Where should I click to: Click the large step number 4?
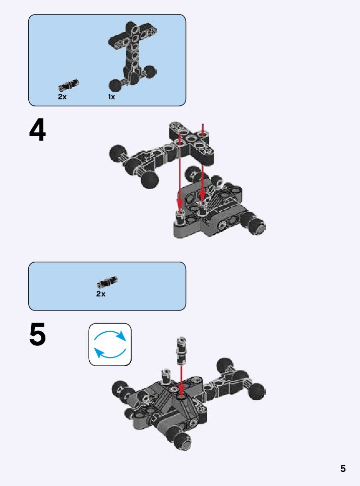point(37,131)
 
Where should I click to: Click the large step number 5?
point(37,335)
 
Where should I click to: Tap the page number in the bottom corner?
point(343,468)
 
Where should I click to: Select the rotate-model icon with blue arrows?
point(110,344)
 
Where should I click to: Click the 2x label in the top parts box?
point(62,97)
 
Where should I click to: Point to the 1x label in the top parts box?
point(111,97)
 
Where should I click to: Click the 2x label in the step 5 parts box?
point(101,294)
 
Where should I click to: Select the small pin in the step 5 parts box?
point(107,282)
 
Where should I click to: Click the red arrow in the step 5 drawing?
point(181,378)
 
